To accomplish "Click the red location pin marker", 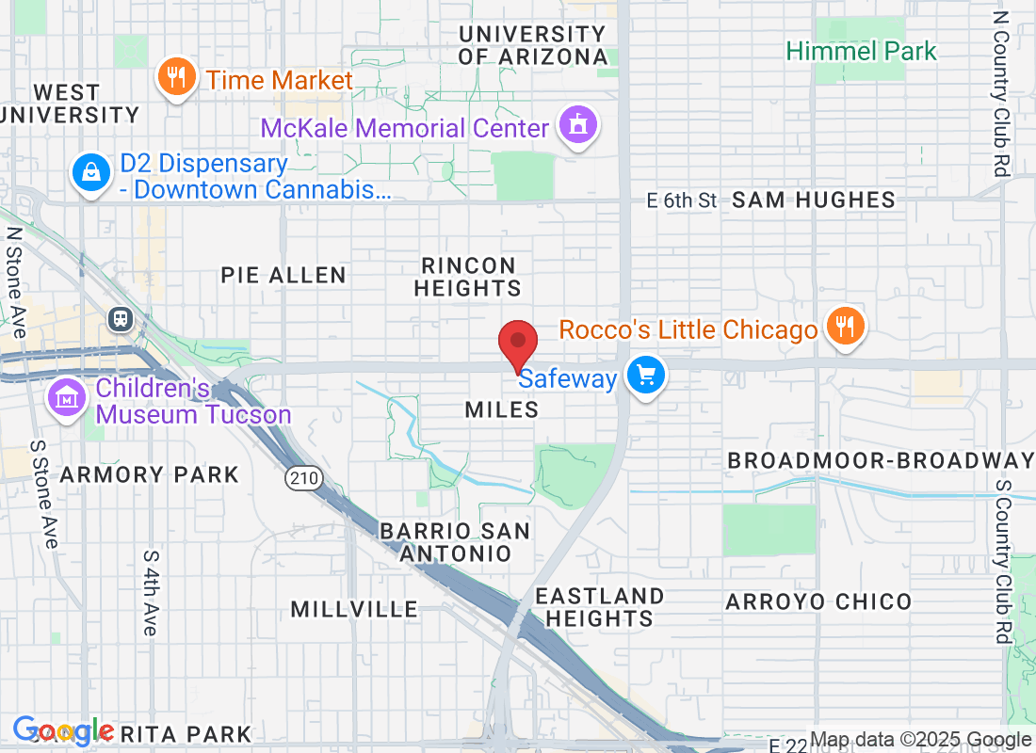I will coord(517,344).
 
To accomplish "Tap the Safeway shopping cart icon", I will coord(646,376).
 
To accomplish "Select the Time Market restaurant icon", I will coord(176,76).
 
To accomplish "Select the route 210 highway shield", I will coord(304,478).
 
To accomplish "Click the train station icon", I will coord(121,319).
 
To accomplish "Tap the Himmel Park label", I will coord(862,51).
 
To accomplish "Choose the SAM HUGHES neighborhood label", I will coord(813,200).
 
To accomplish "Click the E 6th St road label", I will coord(682,200).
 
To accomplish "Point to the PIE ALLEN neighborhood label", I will coord(283,275).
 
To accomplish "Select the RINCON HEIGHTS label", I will coord(468,277).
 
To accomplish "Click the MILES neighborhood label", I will coord(502,409).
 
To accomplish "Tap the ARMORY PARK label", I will coord(150,474).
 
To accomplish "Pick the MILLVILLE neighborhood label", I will coord(354,609).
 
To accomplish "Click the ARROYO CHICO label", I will coord(818,601).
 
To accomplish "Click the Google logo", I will coord(63,730).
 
